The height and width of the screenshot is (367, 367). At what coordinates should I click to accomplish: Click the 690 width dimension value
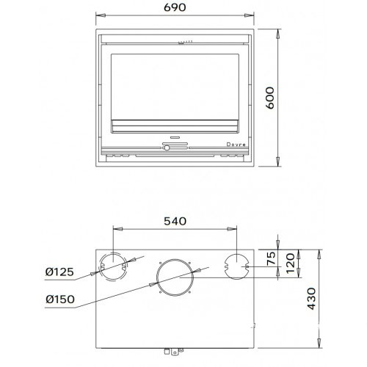[x=175, y=7]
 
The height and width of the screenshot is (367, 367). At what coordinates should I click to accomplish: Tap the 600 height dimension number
[x=270, y=98]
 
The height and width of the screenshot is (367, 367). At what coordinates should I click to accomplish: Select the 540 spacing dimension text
[x=175, y=221]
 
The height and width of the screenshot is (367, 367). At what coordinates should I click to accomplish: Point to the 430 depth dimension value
[x=312, y=299]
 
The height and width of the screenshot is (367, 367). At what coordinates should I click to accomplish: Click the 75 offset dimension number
[x=271, y=258]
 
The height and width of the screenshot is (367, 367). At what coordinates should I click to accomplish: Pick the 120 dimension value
[x=291, y=264]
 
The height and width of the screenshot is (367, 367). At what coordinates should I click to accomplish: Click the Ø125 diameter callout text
[x=59, y=272]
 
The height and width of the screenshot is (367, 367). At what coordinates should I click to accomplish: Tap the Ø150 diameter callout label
[x=60, y=299]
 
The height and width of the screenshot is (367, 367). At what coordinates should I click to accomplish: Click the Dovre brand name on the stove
[x=236, y=145]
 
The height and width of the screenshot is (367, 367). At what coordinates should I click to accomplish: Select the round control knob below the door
[x=167, y=148]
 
